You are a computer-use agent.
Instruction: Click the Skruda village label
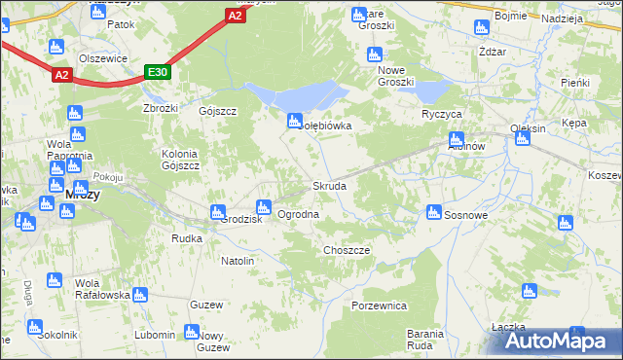(x=328, y=186)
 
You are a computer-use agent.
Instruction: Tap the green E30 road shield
(x=158, y=73)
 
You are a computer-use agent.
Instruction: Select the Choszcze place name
(x=346, y=250)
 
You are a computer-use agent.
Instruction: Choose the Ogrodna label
(x=298, y=214)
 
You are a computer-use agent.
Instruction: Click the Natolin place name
(x=238, y=262)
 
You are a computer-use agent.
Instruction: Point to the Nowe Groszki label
(x=396, y=76)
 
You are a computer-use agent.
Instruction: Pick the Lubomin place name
(x=156, y=334)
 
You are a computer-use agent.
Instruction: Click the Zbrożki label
(x=160, y=108)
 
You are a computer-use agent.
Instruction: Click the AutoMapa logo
(x=558, y=340)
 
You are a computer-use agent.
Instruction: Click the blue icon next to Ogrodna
(x=262, y=206)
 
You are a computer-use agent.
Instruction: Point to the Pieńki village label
(x=575, y=83)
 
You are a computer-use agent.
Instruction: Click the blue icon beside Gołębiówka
(x=293, y=121)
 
